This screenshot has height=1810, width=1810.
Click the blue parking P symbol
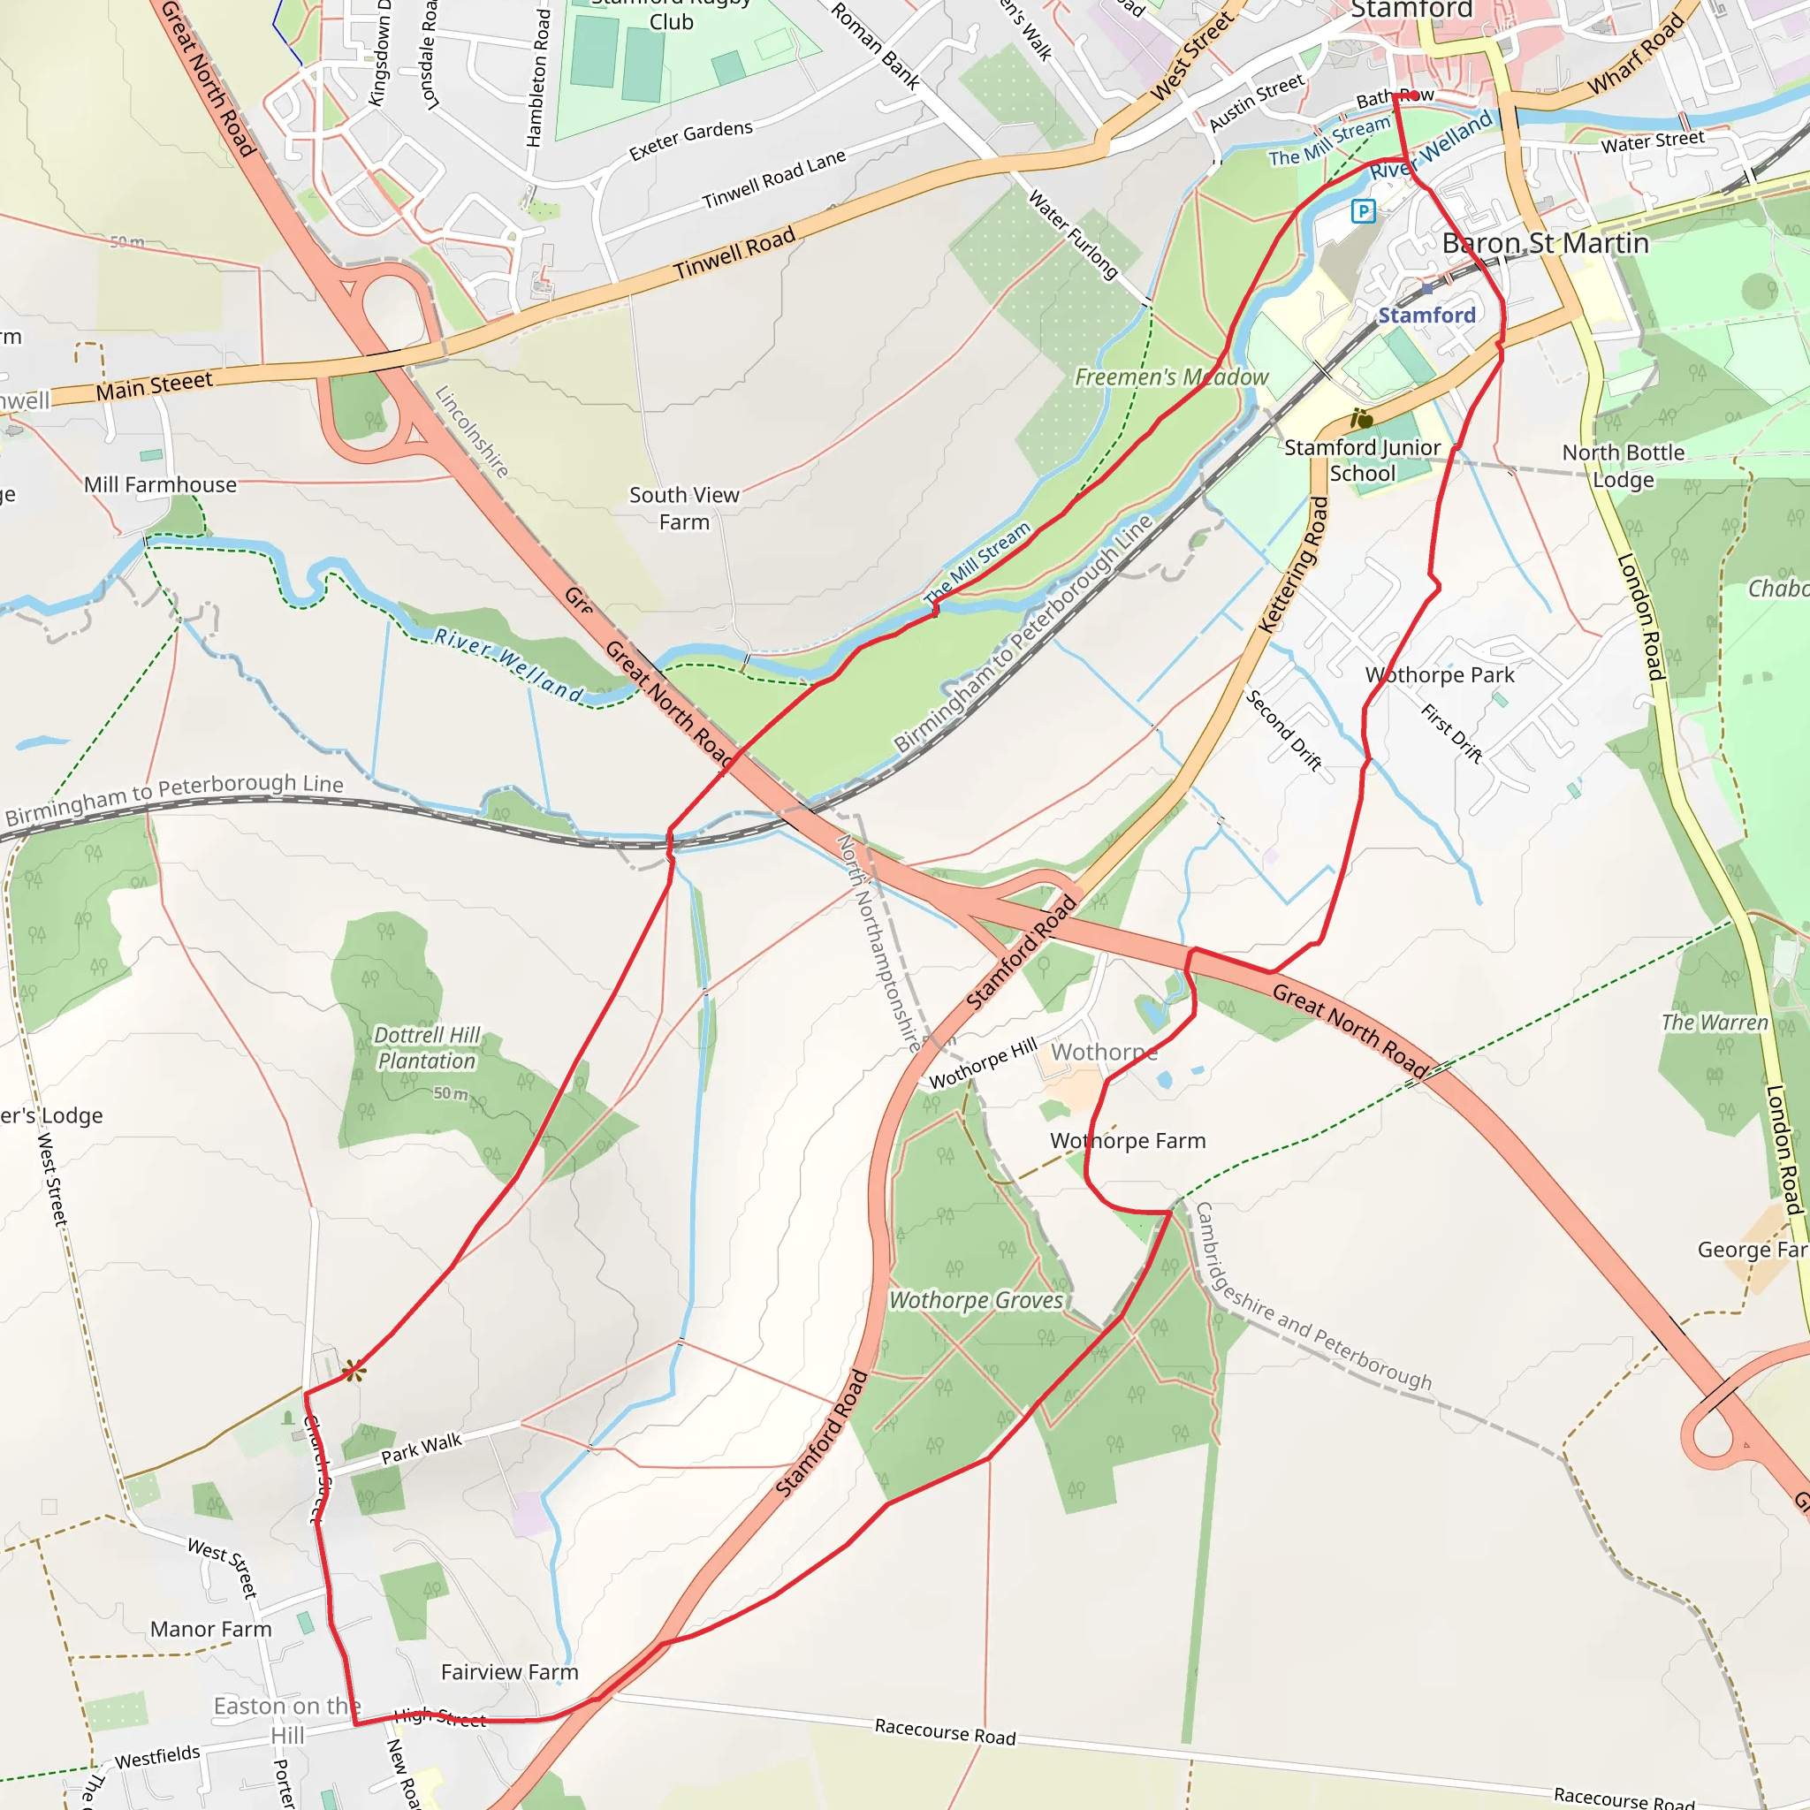[x=1363, y=211]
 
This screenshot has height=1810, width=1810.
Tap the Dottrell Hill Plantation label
[x=427, y=1048]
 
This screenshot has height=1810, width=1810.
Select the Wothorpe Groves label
[x=977, y=1300]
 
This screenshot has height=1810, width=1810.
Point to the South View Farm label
[x=684, y=508]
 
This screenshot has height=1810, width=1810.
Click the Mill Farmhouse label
[x=160, y=484]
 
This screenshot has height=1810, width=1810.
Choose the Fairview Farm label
[x=510, y=1672]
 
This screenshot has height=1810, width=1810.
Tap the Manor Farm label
[x=211, y=1629]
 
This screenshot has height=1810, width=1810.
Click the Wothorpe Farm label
[x=1128, y=1140]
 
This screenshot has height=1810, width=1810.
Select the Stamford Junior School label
[x=1362, y=460]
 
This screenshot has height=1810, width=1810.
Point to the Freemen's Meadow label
[x=1171, y=376]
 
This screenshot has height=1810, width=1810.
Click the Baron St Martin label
[x=1546, y=244]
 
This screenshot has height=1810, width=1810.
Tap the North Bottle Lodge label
[x=1624, y=466]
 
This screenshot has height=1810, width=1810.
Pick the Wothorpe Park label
[x=1440, y=674]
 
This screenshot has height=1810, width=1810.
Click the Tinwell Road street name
[x=734, y=253]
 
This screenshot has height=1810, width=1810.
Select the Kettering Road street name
[x=1293, y=566]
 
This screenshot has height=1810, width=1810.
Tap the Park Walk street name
[x=422, y=1449]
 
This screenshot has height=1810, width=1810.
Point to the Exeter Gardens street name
[x=690, y=141]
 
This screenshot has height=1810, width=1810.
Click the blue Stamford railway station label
[x=1426, y=315]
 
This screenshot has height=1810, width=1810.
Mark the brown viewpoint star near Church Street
[x=354, y=1372]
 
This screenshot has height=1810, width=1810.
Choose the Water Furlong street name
[x=1074, y=234]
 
